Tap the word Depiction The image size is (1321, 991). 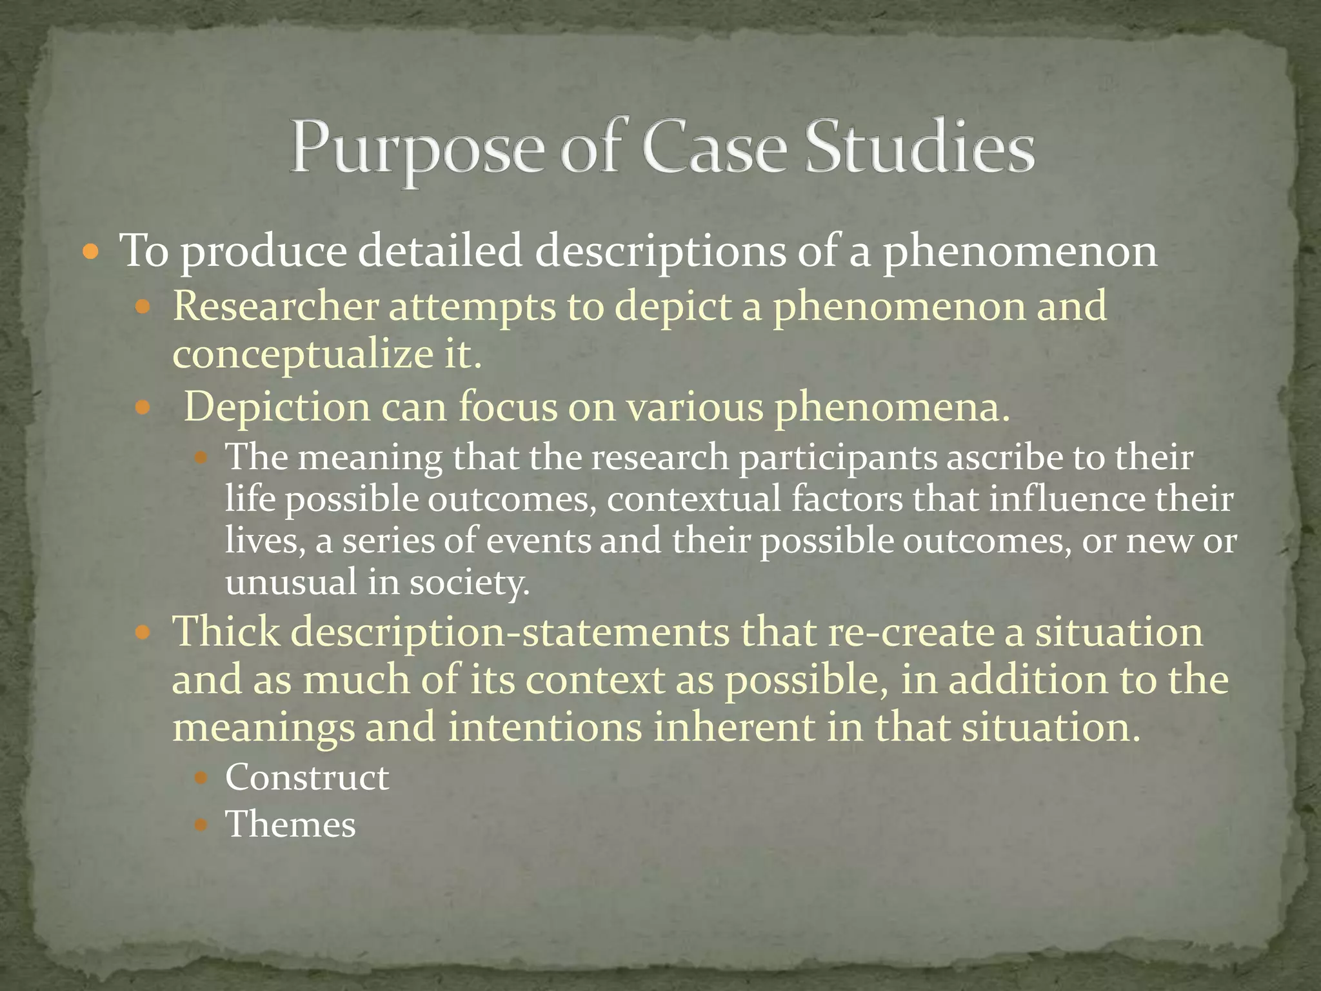pos(277,407)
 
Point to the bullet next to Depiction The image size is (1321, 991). pos(143,408)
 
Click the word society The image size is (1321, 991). pos(470,583)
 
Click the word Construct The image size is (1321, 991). pos(307,777)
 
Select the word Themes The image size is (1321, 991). pos(290,825)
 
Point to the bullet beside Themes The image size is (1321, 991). pos(202,825)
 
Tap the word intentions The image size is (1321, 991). pos(545,727)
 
